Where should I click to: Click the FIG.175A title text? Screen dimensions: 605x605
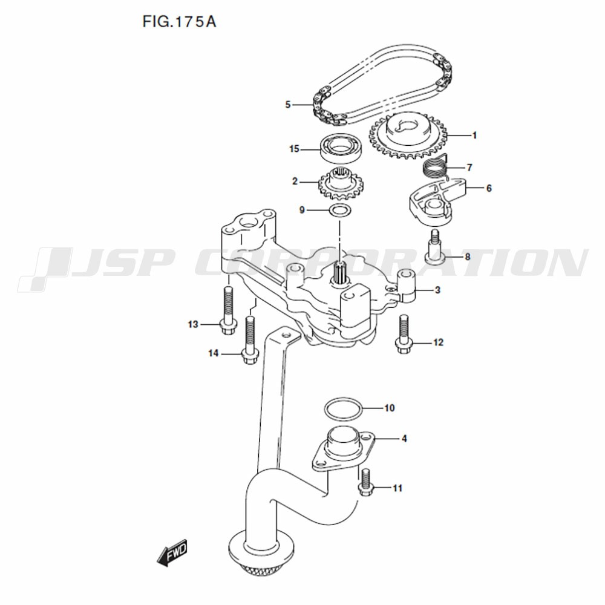pyautogui.click(x=179, y=22)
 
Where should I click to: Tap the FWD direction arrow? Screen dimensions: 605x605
pyautogui.click(x=173, y=552)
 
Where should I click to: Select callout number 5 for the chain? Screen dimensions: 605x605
pyautogui.click(x=288, y=105)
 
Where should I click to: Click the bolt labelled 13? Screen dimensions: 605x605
pyautogui.click(x=228, y=309)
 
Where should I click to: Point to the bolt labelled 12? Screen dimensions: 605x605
pyautogui.click(x=403, y=333)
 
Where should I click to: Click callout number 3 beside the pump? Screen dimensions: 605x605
pyautogui.click(x=437, y=290)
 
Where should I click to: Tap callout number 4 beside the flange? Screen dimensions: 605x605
pyautogui.click(x=404, y=438)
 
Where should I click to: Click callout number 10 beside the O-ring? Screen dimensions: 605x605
pyautogui.click(x=389, y=408)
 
